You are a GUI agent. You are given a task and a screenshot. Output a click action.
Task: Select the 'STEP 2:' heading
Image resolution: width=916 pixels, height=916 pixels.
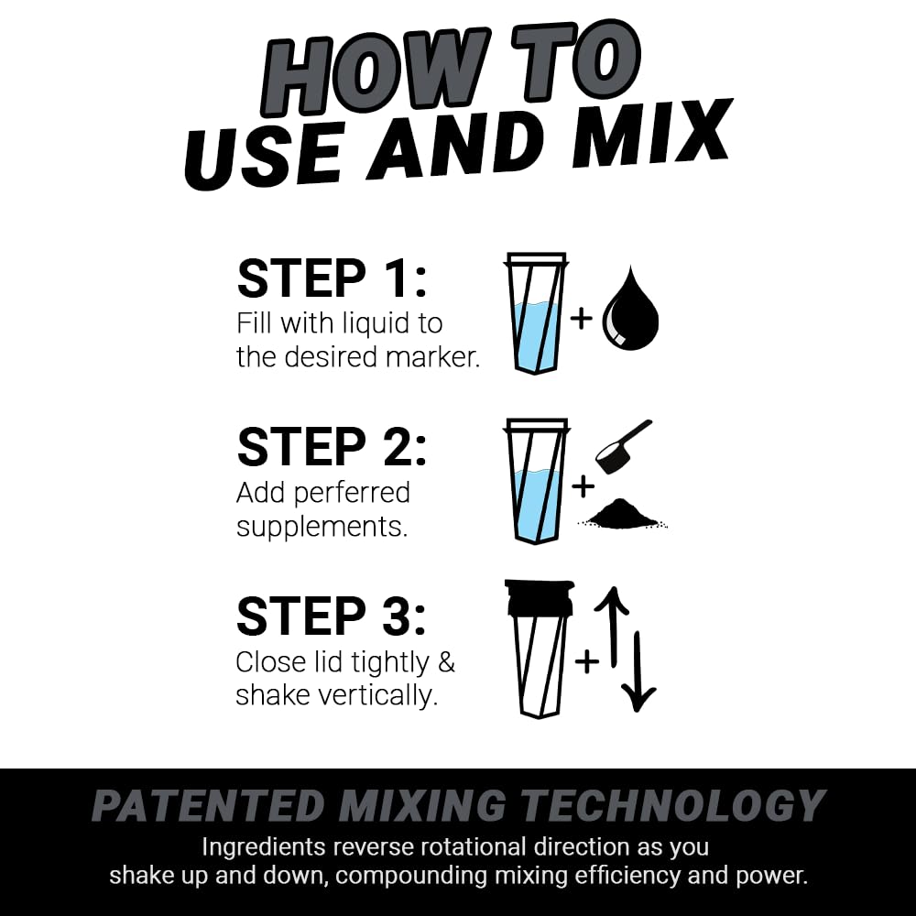coord(331,447)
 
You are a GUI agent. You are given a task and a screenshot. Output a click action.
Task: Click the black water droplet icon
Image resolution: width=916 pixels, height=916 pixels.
coord(630,311)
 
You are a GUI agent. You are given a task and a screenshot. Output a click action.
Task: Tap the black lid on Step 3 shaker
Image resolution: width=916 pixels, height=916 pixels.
coord(539,596)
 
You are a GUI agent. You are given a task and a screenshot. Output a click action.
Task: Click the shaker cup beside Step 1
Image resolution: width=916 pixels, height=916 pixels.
coord(536,313)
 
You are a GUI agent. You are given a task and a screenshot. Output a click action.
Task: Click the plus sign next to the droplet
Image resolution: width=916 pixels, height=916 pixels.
coord(582,318)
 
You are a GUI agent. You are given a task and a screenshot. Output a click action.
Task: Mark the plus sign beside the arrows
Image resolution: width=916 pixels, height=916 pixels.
coord(585,660)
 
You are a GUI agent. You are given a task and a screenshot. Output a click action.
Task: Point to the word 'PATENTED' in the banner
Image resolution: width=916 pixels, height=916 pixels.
coord(208,806)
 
